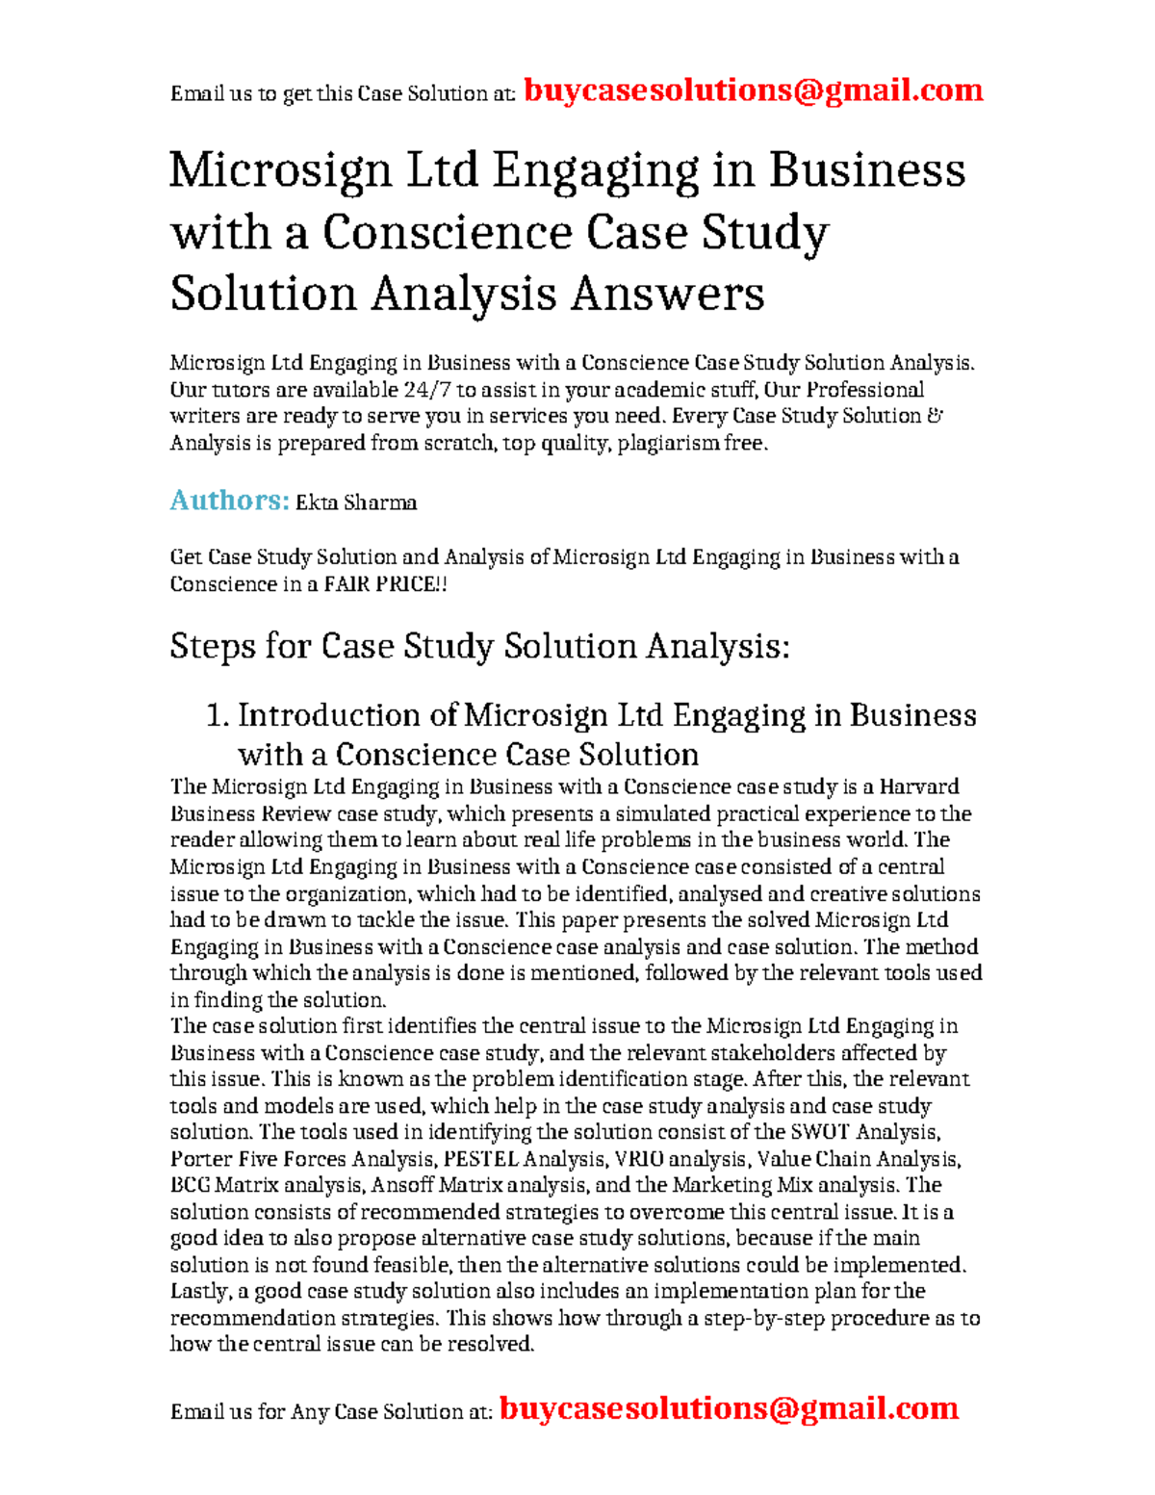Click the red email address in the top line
pos(753,90)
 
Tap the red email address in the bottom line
pos(729,1408)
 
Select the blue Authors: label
pos(229,501)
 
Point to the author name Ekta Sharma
pos(356,503)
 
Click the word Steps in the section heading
pos(211,646)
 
